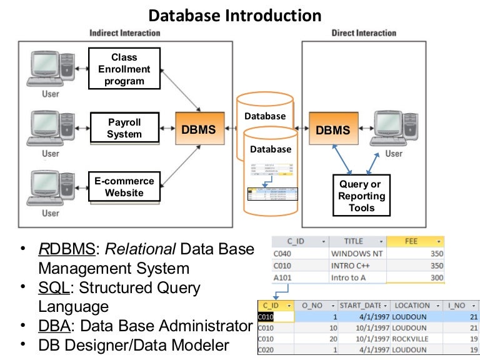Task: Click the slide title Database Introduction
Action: click(x=235, y=15)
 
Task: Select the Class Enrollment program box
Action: click(x=124, y=69)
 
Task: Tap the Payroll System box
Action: click(x=124, y=128)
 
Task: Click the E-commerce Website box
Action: click(x=124, y=187)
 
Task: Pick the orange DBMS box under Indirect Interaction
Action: click(x=198, y=130)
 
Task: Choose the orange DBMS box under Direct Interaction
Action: click(x=332, y=130)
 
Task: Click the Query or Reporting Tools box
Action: click(x=362, y=196)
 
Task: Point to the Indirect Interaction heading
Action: click(x=125, y=33)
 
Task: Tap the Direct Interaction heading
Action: click(x=364, y=33)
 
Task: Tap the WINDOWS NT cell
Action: click(x=356, y=254)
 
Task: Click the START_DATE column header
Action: click(x=364, y=306)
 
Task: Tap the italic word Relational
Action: click(x=139, y=249)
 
